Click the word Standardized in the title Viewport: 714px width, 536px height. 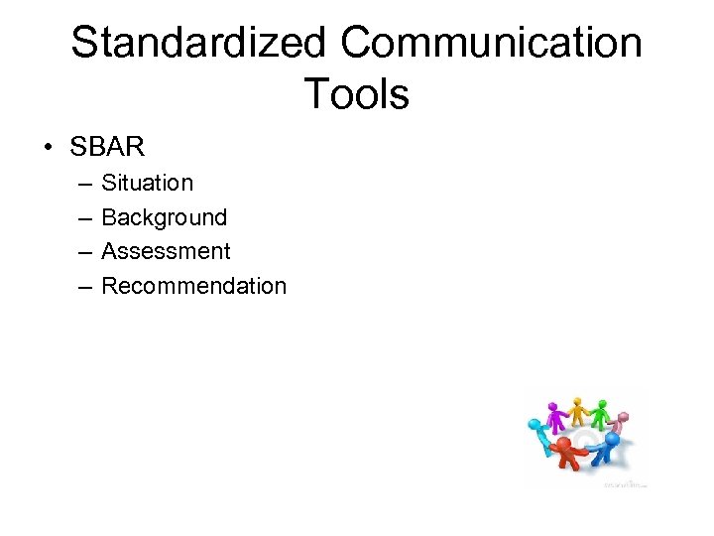(x=198, y=44)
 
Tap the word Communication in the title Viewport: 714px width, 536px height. (x=491, y=44)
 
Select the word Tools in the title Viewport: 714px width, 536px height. (x=356, y=95)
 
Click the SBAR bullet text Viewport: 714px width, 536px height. (x=107, y=148)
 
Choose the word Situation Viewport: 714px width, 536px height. (x=147, y=183)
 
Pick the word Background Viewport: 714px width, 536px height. (x=164, y=217)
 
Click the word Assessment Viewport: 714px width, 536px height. (x=166, y=251)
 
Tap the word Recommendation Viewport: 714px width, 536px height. (x=193, y=286)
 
